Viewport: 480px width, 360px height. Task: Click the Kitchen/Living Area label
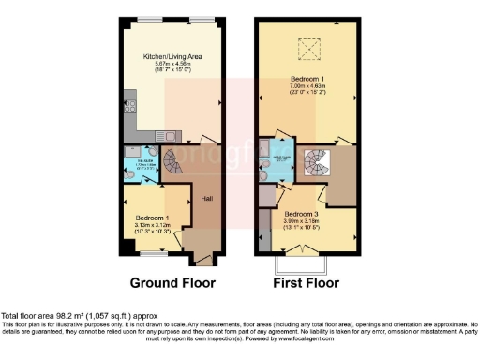(x=173, y=57)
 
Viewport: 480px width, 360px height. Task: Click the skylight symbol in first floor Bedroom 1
(x=306, y=47)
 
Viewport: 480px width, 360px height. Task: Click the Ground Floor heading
(x=172, y=282)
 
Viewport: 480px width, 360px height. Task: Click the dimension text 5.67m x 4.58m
(x=172, y=65)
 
